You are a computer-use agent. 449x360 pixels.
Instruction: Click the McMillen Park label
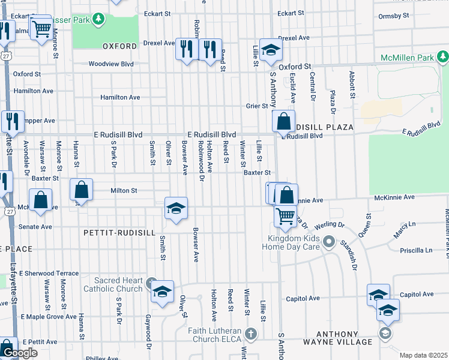tap(407, 58)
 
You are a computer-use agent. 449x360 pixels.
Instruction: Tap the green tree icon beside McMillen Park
tap(442, 57)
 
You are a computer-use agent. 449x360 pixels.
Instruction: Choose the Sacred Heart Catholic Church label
tap(118, 284)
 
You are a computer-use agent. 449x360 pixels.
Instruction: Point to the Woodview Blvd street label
tap(110, 63)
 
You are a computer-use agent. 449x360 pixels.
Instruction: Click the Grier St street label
tap(256, 106)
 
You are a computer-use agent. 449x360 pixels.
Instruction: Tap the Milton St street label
tap(124, 191)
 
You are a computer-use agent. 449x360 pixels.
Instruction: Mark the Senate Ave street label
tap(35, 227)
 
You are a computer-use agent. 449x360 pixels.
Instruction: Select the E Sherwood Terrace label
tap(49, 273)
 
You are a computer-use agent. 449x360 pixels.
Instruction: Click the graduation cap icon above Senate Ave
tap(176, 209)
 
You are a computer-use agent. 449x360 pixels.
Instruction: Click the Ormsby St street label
tap(393, 16)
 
